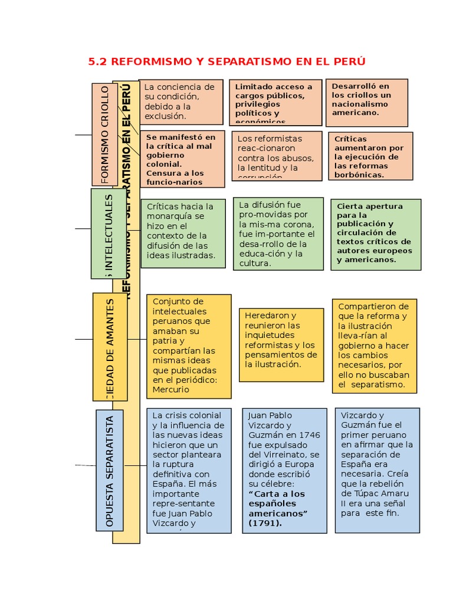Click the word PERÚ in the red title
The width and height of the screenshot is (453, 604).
[349, 61]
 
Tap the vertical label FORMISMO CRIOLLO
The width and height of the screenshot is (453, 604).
[105, 134]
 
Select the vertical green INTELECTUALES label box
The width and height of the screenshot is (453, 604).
[109, 234]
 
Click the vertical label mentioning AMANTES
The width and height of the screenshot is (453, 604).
[110, 347]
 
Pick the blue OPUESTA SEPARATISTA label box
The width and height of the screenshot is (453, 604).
[109, 470]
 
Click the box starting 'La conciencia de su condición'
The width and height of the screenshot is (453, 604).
[181, 101]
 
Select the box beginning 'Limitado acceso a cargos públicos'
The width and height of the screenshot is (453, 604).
[275, 102]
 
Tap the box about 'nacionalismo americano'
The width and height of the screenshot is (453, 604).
[366, 102]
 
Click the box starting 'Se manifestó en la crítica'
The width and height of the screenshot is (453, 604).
[182, 159]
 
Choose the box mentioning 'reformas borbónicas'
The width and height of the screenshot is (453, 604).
[370, 156]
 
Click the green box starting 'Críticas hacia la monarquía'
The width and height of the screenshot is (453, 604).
[183, 232]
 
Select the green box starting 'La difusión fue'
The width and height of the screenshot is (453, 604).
[278, 234]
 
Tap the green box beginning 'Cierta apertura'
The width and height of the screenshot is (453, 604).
[375, 234]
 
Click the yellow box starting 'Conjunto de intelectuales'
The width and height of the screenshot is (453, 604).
[188, 346]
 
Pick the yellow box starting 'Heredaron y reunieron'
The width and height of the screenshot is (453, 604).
[281, 344]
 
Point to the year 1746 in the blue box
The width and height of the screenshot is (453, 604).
[310, 435]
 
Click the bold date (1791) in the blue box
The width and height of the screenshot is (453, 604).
[265, 523]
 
